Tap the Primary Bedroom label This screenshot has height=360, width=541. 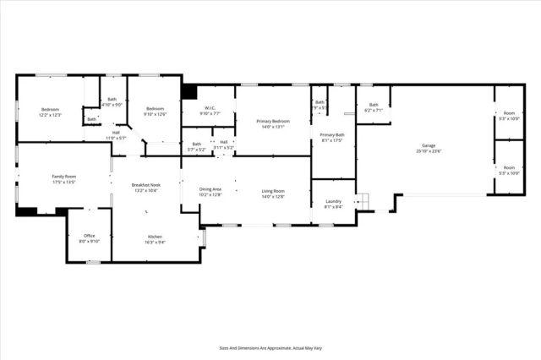tap(273, 122)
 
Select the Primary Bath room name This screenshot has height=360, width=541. tap(332, 135)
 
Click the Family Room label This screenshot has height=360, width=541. tap(64, 176)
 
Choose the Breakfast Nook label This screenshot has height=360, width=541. tap(145, 185)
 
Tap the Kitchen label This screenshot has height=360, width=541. tap(155, 237)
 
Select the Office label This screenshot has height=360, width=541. tap(90, 235)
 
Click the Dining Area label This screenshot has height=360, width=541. tap(210, 189)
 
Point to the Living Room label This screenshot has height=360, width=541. tap(273, 191)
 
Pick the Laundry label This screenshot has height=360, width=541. tap(332, 201)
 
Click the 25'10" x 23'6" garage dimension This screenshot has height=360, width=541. tap(427, 151)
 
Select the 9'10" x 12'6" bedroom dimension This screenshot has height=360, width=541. tap(155, 114)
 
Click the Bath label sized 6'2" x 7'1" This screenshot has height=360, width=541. tap(374, 106)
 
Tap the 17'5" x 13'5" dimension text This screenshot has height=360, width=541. tap(64, 182)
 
